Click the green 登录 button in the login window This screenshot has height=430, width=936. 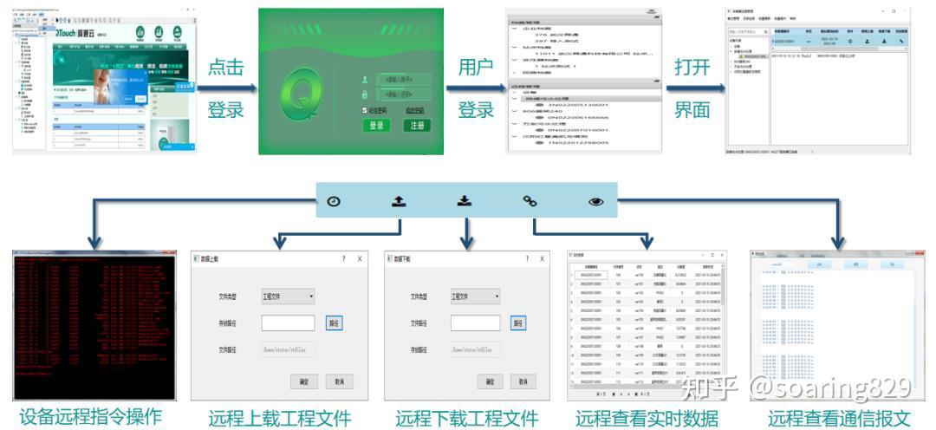[x=376, y=126]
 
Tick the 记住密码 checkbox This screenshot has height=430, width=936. [x=365, y=110]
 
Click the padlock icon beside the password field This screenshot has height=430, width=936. [x=365, y=94]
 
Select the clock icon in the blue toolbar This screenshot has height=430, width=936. [x=335, y=201]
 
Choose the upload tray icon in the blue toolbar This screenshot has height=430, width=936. [x=399, y=201]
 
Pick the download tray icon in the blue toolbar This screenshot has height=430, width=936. [x=465, y=201]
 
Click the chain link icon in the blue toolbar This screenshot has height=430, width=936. [x=530, y=201]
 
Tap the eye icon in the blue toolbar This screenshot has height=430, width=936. [x=595, y=201]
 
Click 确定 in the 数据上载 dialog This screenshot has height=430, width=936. [x=304, y=381]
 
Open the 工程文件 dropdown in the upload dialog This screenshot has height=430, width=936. [x=289, y=296]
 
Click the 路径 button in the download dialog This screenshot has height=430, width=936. [x=518, y=322]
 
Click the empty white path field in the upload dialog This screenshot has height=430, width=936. [x=288, y=322]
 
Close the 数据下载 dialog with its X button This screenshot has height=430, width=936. [x=542, y=258]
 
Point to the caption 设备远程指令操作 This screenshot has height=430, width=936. [x=90, y=417]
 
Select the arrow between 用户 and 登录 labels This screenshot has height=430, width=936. [x=476, y=88]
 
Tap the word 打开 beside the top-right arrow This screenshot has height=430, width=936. [x=692, y=68]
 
